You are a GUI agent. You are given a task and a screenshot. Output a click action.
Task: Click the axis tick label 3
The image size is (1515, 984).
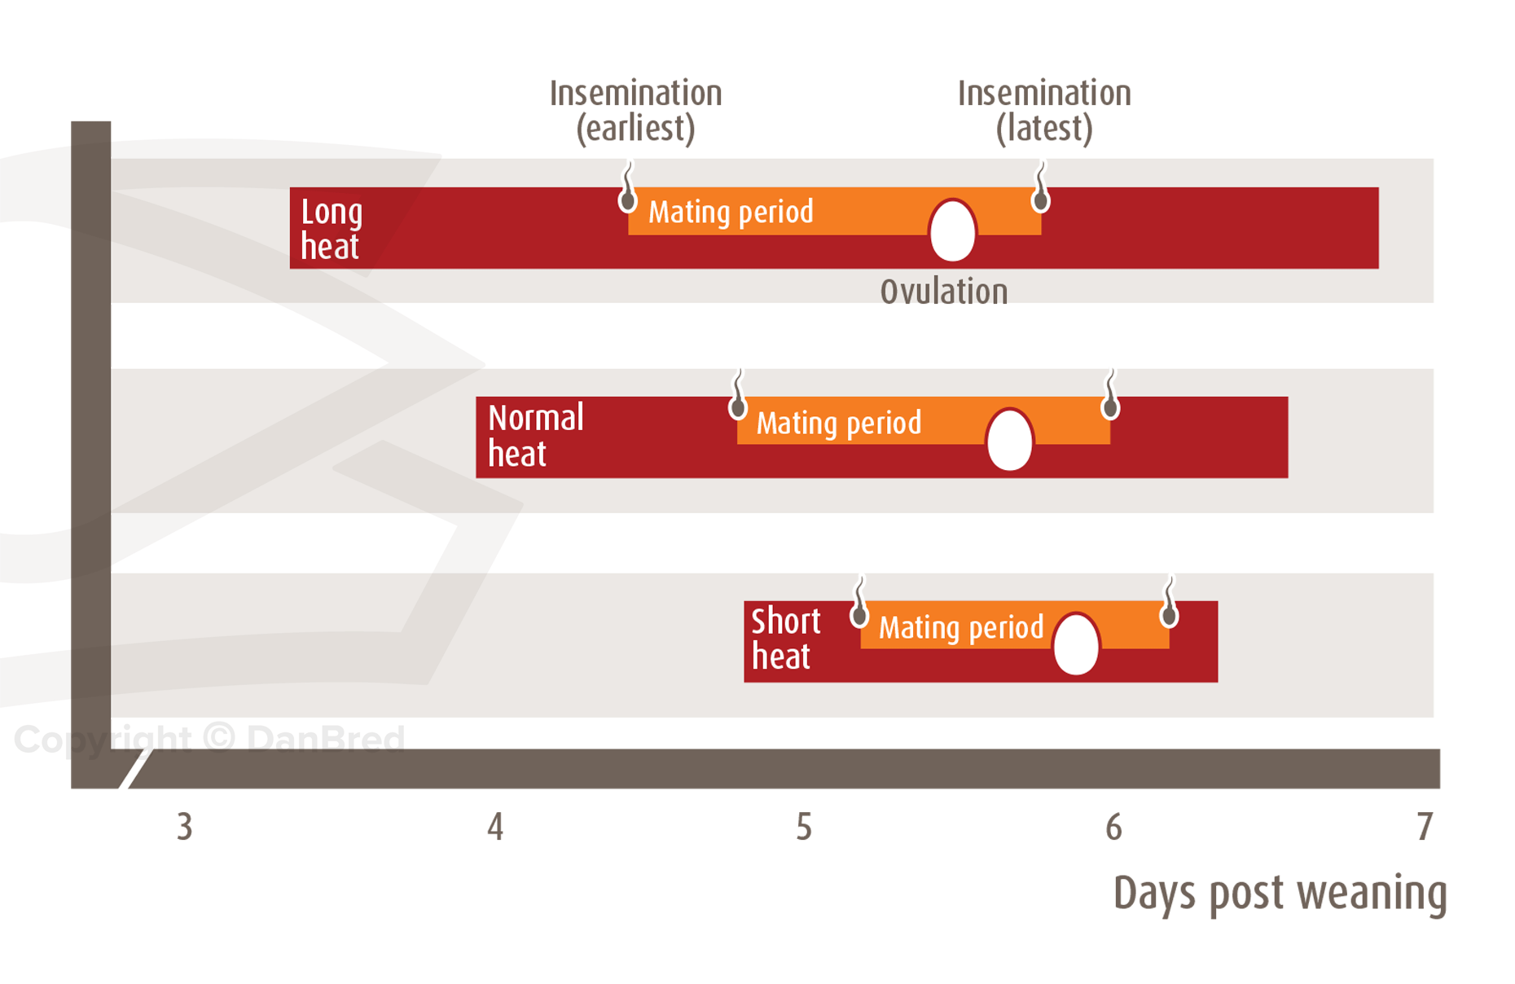pyautogui.click(x=185, y=827)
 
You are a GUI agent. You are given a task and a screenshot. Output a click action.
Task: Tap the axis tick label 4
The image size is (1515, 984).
pyautogui.click(x=495, y=827)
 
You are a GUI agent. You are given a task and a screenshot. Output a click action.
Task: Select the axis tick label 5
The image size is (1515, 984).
pyautogui.click(x=804, y=827)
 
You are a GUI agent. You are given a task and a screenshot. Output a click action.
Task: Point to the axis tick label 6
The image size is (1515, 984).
pyautogui.click(x=1113, y=827)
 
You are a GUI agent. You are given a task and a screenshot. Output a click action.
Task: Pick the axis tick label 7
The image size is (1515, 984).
pyautogui.click(x=1424, y=827)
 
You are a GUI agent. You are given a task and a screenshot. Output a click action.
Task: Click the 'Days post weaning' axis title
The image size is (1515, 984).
pyautogui.click(x=1280, y=893)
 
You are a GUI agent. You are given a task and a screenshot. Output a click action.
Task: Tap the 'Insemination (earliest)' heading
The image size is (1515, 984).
pyautogui.click(x=635, y=111)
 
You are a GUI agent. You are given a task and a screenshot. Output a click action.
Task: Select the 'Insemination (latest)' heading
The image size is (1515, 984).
pyautogui.click(x=1044, y=111)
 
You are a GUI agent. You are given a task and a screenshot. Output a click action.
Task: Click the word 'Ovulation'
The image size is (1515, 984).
pyautogui.click(x=944, y=292)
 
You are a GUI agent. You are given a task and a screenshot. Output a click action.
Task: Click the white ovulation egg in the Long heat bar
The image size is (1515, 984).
pyautogui.click(x=952, y=231)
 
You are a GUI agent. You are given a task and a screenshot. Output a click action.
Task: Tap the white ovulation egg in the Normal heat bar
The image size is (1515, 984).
pyautogui.click(x=1009, y=440)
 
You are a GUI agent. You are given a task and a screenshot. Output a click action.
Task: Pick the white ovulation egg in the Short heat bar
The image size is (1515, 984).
pyautogui.click(x=1076, y=644)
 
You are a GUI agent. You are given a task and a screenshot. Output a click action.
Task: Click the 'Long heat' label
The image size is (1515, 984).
pyautogui.click(x=332, y=229)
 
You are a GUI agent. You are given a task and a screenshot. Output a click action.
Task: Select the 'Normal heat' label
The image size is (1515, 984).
pyautogui.click(x=535, y=436)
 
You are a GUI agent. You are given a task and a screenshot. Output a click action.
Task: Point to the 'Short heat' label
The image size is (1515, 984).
pyautogui.click(x=784, y=639)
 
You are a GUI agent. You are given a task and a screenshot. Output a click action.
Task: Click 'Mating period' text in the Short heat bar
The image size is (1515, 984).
pyautogui.click(x=961, y=627)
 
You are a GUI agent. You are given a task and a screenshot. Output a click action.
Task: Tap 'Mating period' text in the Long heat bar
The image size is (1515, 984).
pyautogui.click(x=731, y=212)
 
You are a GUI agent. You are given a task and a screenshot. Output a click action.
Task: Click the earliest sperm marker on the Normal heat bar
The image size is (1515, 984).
pyautogui.click(x=738, y=398)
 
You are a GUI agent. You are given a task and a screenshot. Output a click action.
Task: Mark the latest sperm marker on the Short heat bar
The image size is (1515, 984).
pyautogui.click(x=1169, y=604)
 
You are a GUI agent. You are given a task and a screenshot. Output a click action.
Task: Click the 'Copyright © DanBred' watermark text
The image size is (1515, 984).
pyautogui.click(x=209, y=739)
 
